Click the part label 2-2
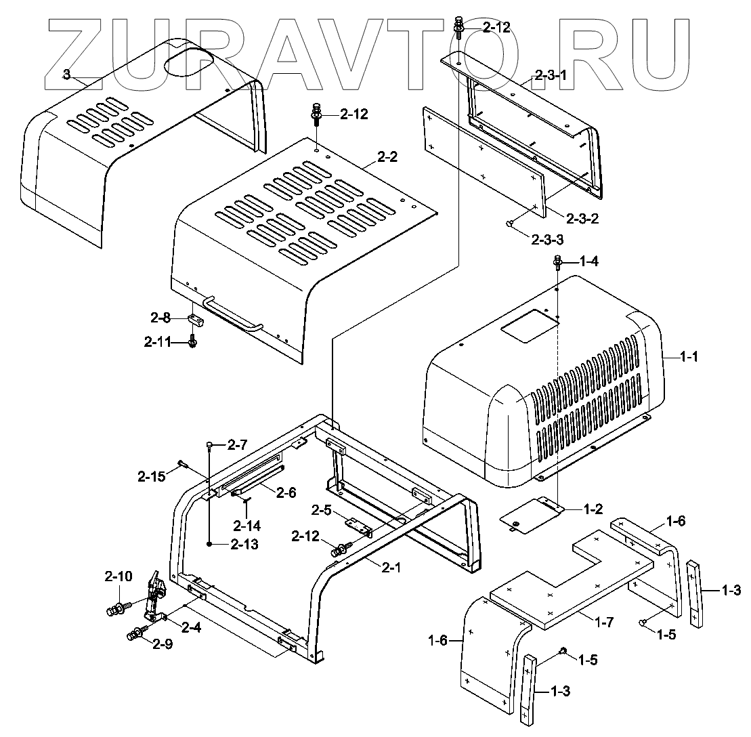387,157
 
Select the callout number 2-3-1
550,76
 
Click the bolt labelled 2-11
193,341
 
